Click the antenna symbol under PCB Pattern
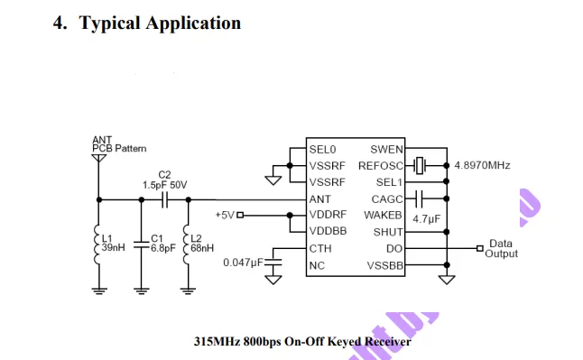98,159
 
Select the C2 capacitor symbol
165,199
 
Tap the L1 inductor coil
97,245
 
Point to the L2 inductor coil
187,245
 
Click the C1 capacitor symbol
141,245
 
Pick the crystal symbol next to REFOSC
420,165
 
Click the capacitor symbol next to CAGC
419,198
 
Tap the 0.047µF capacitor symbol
273,263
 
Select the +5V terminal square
240,215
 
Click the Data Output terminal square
480,248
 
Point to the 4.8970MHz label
482,165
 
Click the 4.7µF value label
427,218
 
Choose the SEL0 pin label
322,150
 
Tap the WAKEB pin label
383,216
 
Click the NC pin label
317,265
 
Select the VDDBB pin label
328,231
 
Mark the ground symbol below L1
99,291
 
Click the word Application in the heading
193,23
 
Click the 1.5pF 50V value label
165,185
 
